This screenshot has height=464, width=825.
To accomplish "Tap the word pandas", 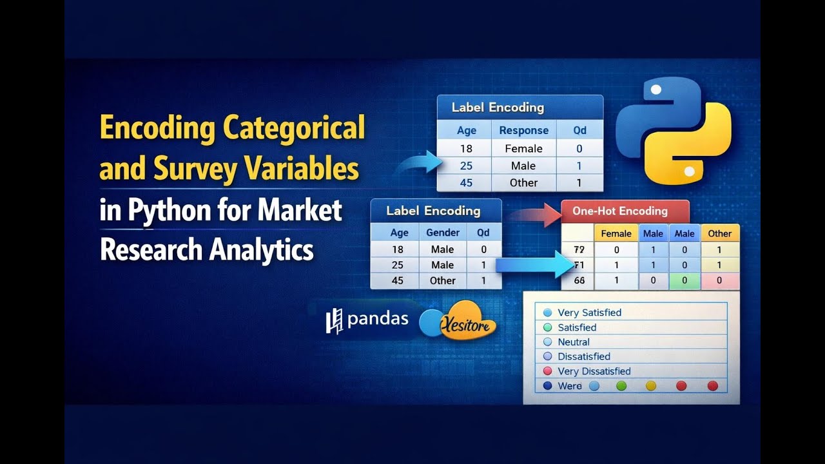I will coord(378,319).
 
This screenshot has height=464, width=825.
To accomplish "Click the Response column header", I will coord(523,130).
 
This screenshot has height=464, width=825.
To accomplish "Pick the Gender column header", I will coord(443,233).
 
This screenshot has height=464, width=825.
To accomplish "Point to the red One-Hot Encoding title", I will coord(620,211).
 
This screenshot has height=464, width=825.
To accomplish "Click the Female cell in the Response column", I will coord(523,148).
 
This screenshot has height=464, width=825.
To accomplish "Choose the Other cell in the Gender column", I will coord(443,280).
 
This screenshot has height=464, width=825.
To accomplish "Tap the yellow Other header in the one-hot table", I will coord(719,233).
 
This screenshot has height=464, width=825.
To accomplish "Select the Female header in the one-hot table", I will coord(616,233).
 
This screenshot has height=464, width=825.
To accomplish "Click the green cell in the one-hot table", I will coord(684,280).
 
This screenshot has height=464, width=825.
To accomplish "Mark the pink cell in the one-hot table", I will coord(719,280).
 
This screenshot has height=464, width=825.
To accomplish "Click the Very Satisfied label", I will coord(589,313).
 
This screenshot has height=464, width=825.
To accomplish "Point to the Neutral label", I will coord(574,342).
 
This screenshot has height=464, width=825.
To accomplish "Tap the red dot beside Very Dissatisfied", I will coord(548,371).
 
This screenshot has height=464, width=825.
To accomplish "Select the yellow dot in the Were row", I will coord(651,386).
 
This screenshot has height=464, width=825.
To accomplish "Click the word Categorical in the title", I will coord(294,128).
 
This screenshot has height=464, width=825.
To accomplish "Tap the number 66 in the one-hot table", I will coord(578,280).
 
